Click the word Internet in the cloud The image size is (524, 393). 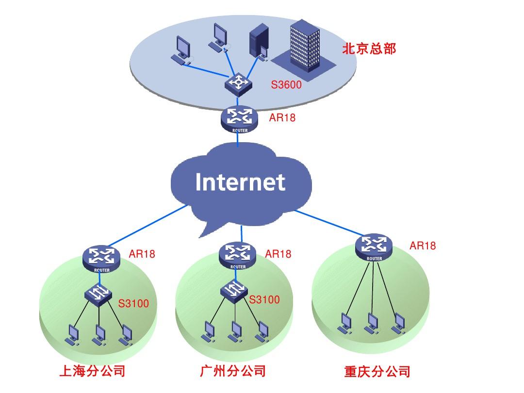240,182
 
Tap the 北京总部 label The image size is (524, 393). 369,49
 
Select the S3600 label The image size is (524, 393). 286,85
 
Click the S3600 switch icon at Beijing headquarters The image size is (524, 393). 238,83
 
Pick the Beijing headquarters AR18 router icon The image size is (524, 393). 238,119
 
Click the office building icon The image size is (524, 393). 304,46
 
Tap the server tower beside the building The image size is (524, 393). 258,44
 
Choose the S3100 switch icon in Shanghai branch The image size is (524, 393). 98,294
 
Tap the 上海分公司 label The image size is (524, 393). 92,371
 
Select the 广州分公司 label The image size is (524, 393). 233,371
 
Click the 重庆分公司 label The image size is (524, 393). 377,372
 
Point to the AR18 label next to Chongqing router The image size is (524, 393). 423,246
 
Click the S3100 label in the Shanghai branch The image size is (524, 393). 134,304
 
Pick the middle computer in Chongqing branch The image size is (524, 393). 372,322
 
